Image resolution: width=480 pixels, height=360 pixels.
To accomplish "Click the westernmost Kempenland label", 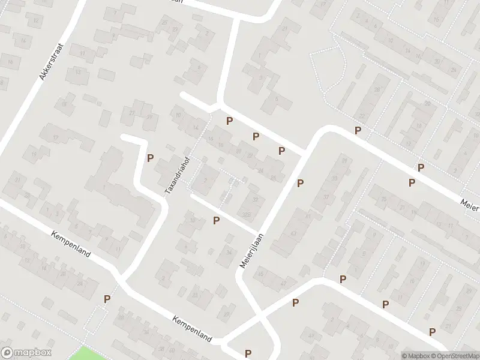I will (x=71, y=244).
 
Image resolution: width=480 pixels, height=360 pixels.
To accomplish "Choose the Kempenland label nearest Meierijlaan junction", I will (x=192, y=329).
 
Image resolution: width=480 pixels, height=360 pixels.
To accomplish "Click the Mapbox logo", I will (x=26, y=353).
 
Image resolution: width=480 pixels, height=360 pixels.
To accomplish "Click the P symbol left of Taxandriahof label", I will (x=150, y=158).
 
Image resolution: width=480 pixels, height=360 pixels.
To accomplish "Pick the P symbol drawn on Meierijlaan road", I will (x=300, y=183).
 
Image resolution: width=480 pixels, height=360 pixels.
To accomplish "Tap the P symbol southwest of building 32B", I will (x=217, y=221).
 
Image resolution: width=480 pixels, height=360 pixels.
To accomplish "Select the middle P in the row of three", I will (x=256, y=136).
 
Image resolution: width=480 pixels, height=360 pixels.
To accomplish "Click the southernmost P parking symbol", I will (x=248, y=353).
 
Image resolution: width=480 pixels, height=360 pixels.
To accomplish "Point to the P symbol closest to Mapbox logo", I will (x=107, y=299).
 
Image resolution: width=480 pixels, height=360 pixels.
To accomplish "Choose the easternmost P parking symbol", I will (x=432, y=332).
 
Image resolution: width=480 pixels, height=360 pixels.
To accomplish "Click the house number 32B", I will (x=245, y=214).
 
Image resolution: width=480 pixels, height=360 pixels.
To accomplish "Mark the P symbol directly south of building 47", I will (x=295, y=303).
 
